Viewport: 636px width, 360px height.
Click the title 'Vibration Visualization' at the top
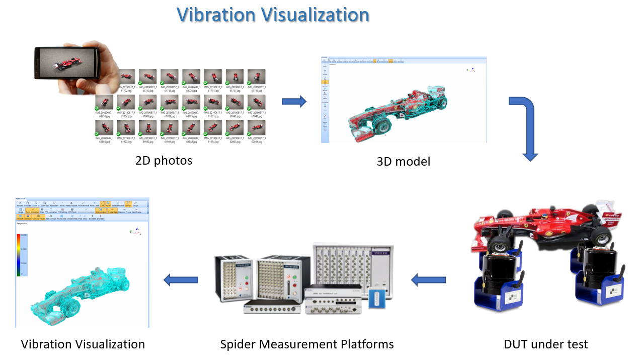273,15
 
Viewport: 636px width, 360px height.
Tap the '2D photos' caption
164,161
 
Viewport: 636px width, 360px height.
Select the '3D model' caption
403,162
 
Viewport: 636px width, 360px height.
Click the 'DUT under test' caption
545,344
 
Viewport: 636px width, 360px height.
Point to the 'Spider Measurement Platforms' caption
307,344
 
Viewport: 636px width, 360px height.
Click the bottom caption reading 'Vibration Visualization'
83,344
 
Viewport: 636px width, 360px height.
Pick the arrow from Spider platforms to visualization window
181,280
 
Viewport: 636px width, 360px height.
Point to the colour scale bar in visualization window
19,255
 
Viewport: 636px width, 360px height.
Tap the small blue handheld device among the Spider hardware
377,298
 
